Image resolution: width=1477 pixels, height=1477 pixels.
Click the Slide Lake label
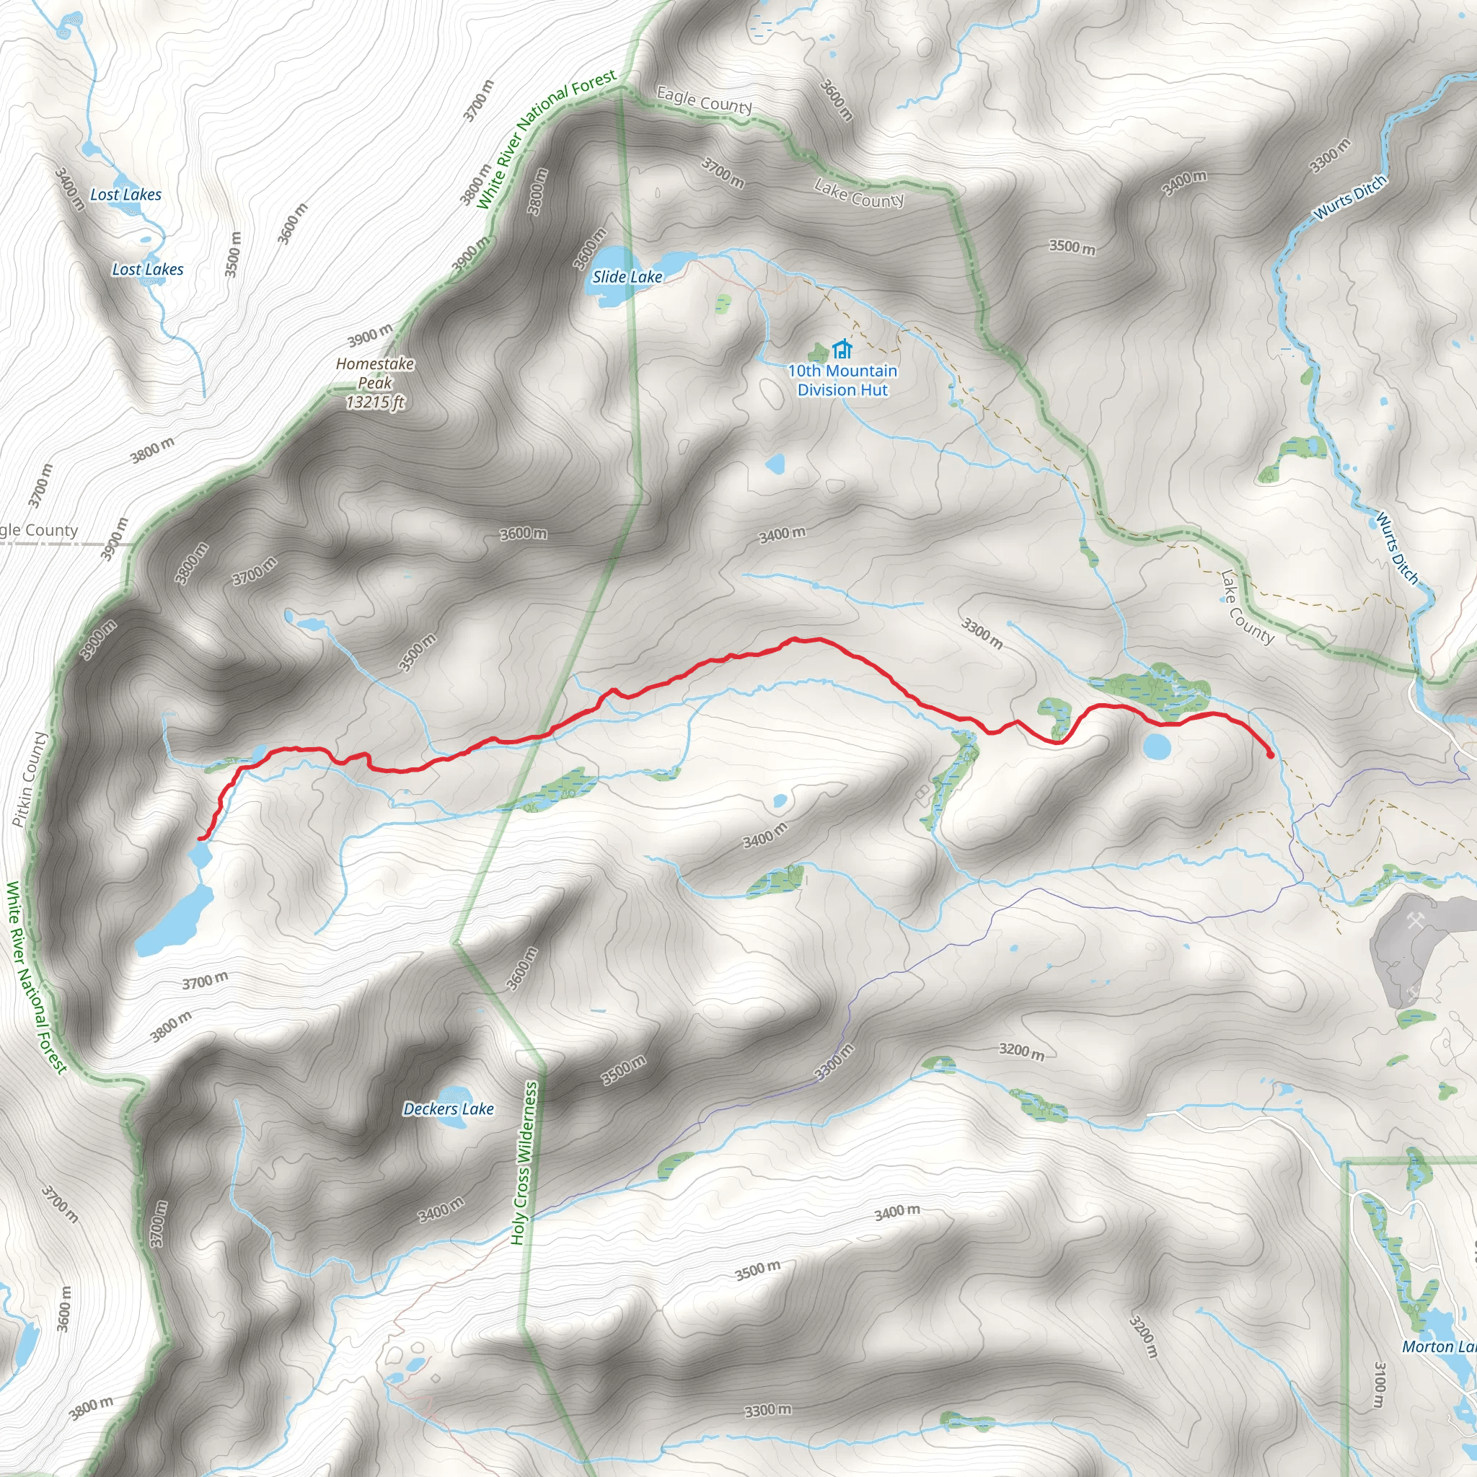click(x=627, y=277)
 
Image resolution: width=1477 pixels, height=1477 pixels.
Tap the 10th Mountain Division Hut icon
click(x=842, y=349)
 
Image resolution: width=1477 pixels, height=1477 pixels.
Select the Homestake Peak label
click(x=374, y=373)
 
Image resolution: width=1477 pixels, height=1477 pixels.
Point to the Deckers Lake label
click(x=448, y=1108)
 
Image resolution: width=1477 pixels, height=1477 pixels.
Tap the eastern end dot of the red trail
click(x=1271, y=755)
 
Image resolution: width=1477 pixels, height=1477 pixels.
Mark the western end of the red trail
click(x=200, y=839)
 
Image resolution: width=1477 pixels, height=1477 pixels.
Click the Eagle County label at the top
click(x=704, y=100)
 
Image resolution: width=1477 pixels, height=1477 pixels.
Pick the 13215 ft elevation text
click(x=374, y=402)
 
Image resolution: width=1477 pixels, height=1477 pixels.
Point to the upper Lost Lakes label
click(x=125, y=195)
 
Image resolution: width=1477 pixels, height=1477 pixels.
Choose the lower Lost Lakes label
click(x=148, y=269)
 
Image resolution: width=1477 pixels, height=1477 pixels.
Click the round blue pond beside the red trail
click(x=1156, y=746)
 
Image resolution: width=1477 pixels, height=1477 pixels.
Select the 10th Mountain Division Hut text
click(x=842, y=381)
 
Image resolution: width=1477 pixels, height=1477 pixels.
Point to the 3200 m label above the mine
click(x=1021, y=1051)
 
